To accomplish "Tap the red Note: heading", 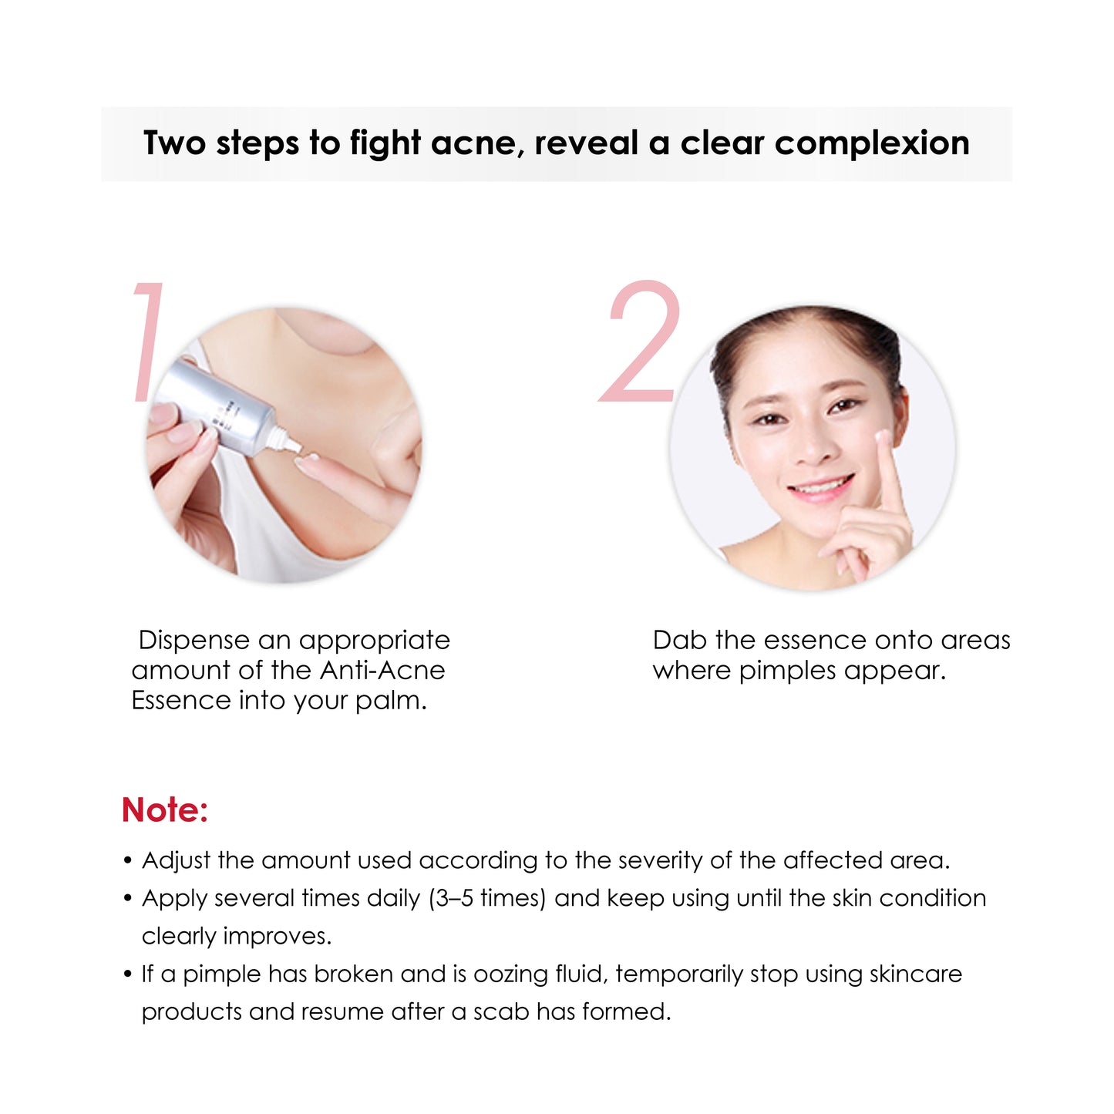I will (x=165, y=810).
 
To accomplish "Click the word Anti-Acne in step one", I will (x=382, y=671).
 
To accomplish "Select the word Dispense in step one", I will (x=194, y=641).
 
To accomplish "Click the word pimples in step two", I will (x=787, y=671).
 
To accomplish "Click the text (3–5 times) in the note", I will (x=487, y=899).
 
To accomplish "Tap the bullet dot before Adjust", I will (x=128, y=860).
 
